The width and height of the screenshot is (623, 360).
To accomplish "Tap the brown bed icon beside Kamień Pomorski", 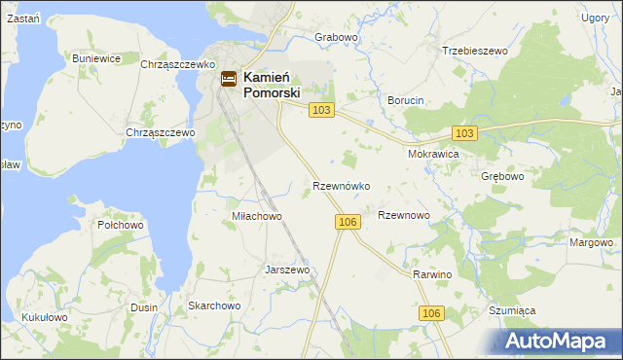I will click(x=228, y=80).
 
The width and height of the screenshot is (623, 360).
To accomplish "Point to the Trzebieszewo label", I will click(x=475, y=51).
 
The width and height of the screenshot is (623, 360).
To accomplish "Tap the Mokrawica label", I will click(x=433, y=154).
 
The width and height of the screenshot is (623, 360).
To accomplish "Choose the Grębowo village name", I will click(x=502, y=177).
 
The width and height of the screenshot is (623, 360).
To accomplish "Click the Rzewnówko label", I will click(x=340, y=185).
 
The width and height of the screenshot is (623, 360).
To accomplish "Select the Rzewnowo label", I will click(x=403, y=215).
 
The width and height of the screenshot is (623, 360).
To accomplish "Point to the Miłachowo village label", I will click(x=256, y=216).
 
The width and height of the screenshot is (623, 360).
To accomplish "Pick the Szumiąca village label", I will click(x=512, y=310).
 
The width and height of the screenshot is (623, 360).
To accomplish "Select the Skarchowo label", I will click(x=214, y=306).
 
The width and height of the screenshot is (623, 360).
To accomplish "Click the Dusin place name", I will click(x=144, y=306).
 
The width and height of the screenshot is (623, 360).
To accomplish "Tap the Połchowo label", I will click(x=121, y=225).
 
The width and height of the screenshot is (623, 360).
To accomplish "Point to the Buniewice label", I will click(x=96, y=58).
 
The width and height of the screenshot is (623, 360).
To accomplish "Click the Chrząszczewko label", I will click(x=177, y=63).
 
